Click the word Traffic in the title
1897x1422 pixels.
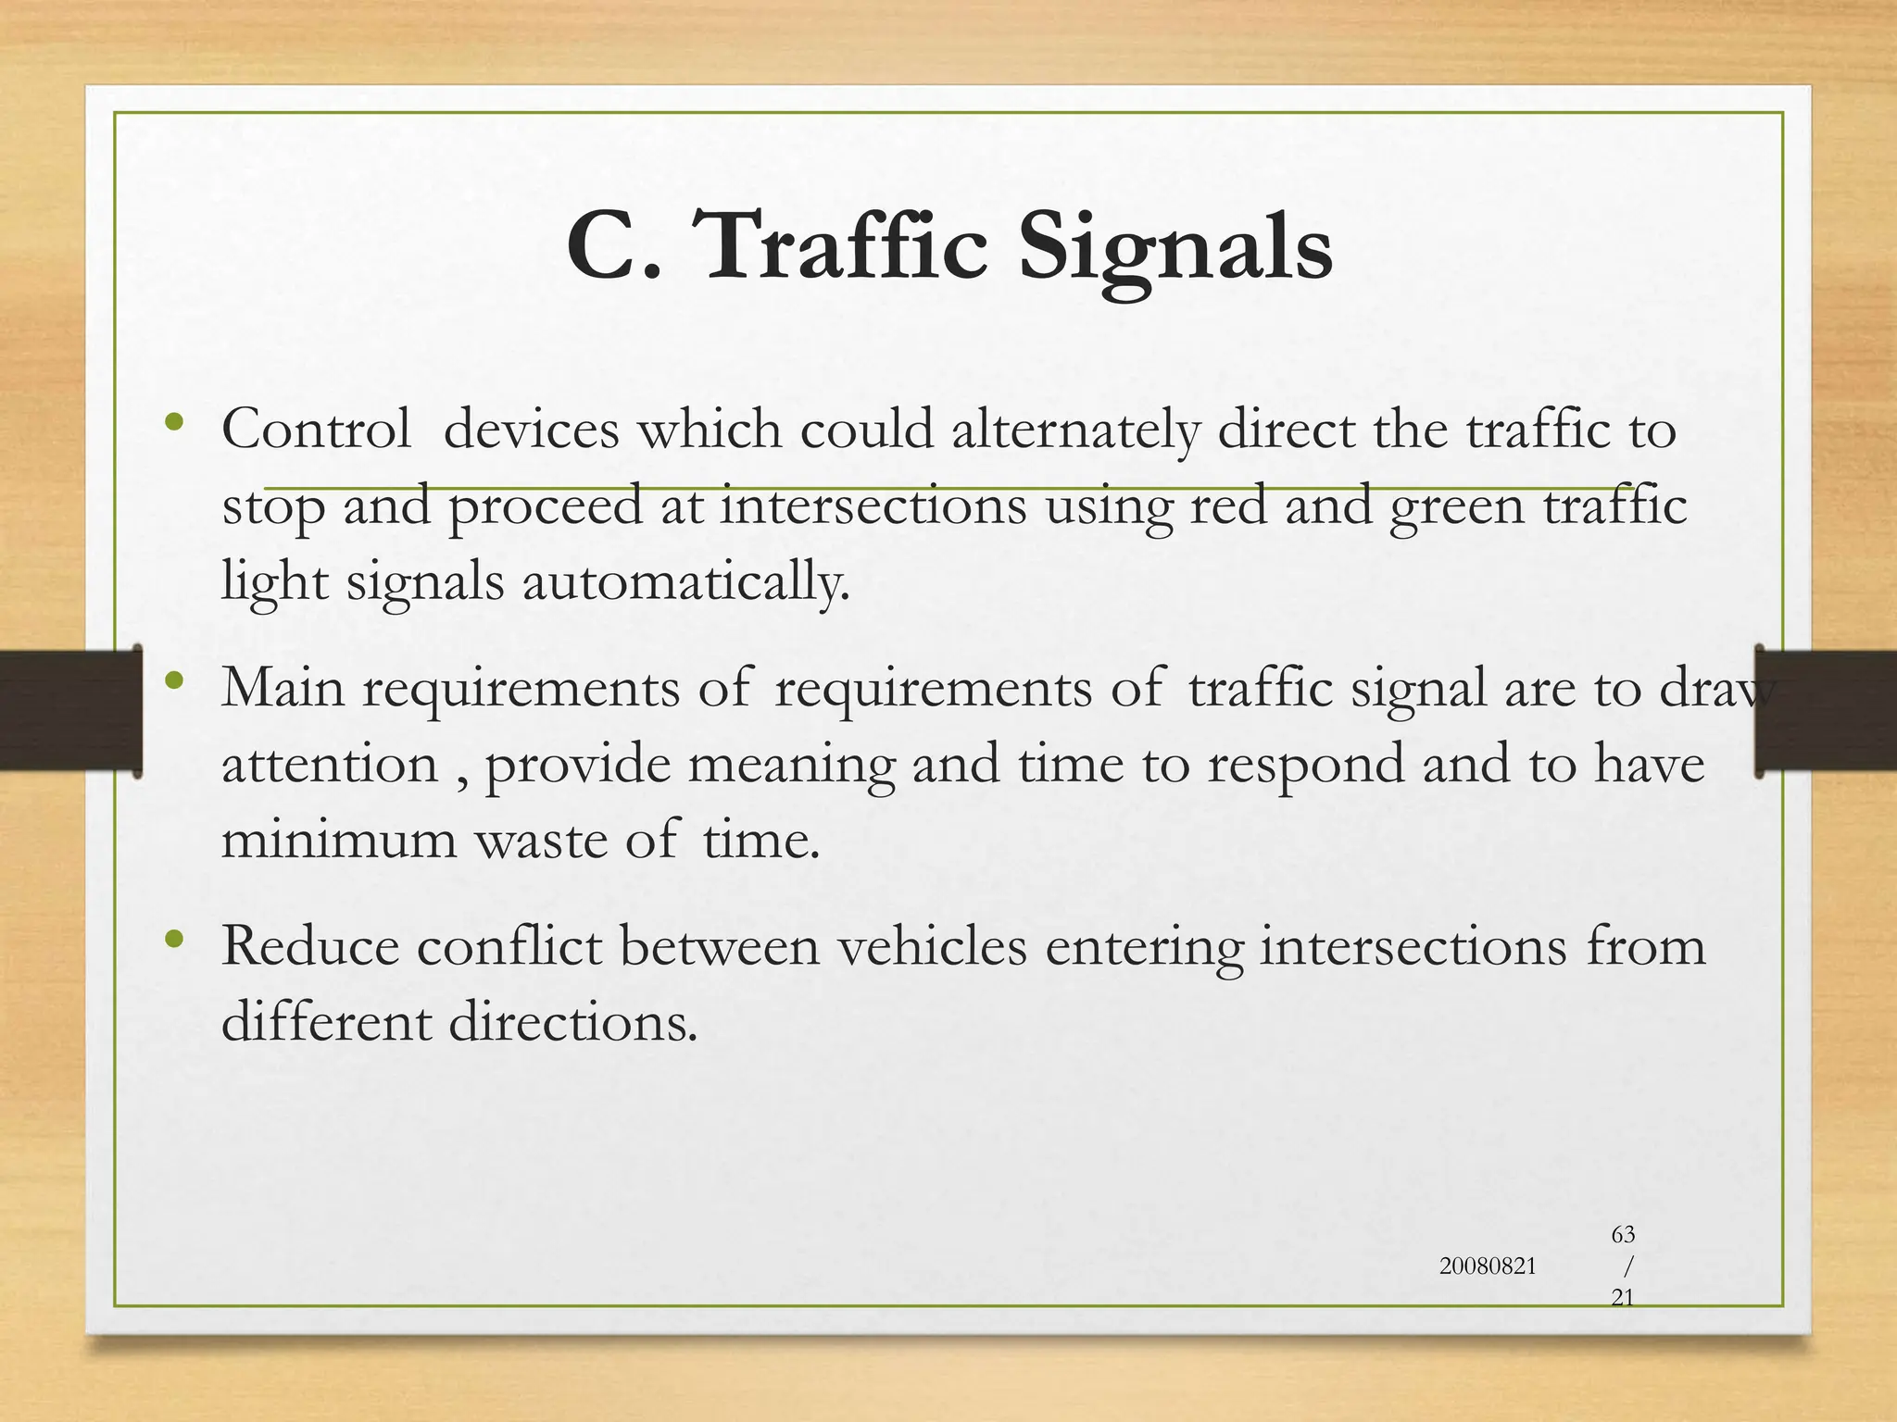[845, 245]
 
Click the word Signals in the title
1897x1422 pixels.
[1175, 248]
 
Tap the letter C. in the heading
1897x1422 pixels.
[615, 246]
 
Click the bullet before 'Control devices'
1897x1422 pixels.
[174, 423]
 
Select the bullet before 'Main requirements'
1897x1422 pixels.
[174, 682]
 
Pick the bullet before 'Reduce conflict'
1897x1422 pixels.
[174, 941]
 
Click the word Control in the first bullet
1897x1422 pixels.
[316, 430]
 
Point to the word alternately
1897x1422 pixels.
[1074, 431]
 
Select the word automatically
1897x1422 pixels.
[685, 583]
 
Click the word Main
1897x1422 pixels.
[283, 688]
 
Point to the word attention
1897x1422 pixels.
[329, 765]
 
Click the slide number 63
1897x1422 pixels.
[1623, 1234]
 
